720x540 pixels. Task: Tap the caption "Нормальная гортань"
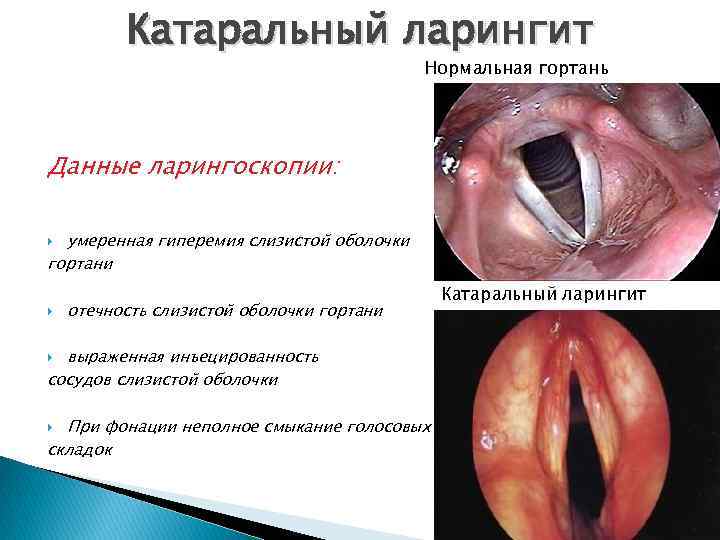516,69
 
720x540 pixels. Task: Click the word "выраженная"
114,356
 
